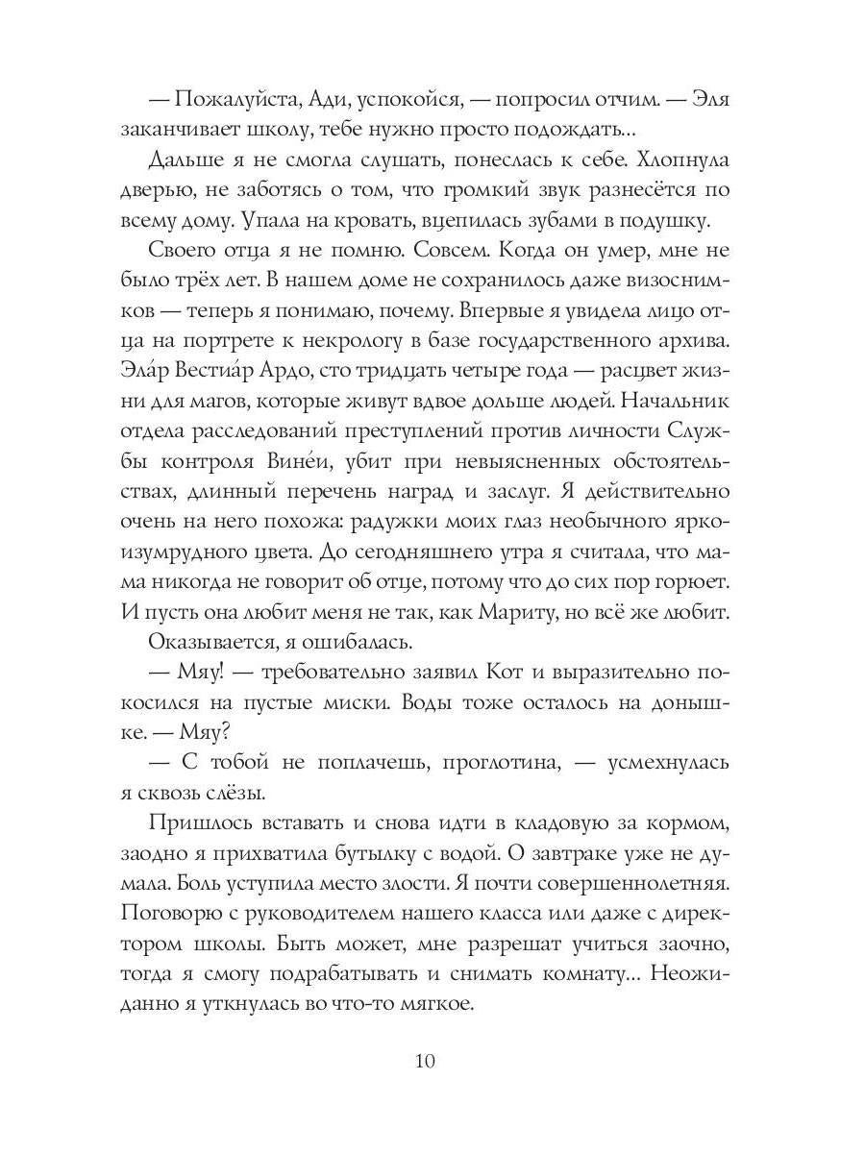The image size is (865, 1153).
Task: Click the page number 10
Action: pyautogui.click(x=427, y=1061)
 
